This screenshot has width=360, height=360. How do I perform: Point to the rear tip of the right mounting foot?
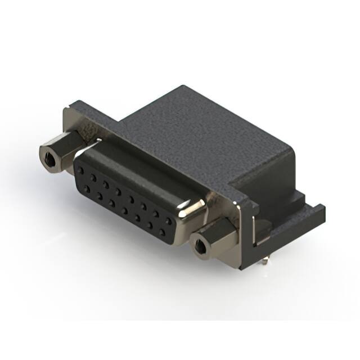point(321,209)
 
